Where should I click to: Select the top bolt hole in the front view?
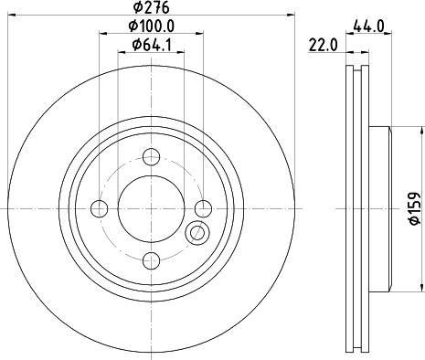[x=151, y=156]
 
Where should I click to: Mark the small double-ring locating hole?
[x=196, y=234]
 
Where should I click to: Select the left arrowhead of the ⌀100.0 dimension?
[x=101, y=35]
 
